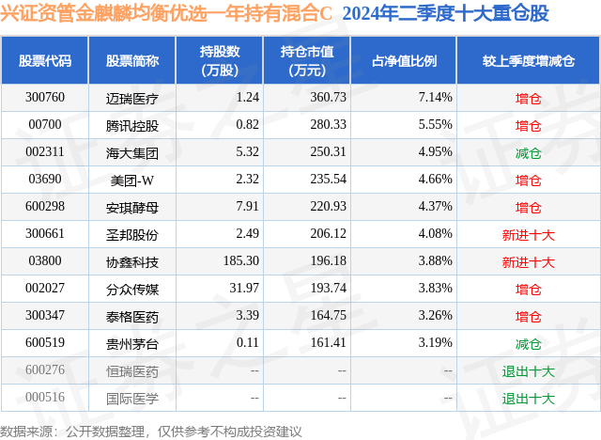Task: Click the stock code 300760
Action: point(45,97)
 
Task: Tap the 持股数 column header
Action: point(220,61)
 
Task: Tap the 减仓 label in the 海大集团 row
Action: point(529,152)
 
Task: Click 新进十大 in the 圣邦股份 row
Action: point(529,234)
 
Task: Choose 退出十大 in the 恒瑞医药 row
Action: point(529,371)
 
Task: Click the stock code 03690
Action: point(45,180)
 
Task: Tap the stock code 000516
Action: point(45,399)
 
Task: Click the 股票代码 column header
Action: point(45,61)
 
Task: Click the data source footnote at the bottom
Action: point(151,431)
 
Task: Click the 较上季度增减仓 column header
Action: point(529,61)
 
